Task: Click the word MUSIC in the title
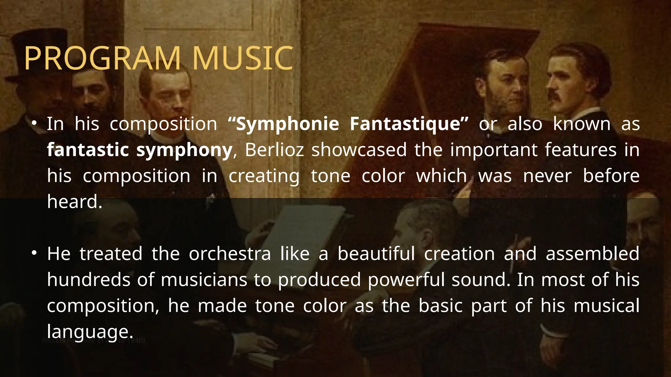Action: pos(242,58)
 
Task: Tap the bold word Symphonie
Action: pos(287,124)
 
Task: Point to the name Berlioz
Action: pos(274,150)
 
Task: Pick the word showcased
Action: pos(359,150)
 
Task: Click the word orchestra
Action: pos(230,254)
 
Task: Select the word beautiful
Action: pos(376,254)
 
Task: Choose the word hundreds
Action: pos(88,280)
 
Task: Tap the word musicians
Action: pos(204,280)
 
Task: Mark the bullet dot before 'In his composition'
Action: pos(34,124)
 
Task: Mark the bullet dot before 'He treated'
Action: pos(34,254)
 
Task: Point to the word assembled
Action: pos(592,254)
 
